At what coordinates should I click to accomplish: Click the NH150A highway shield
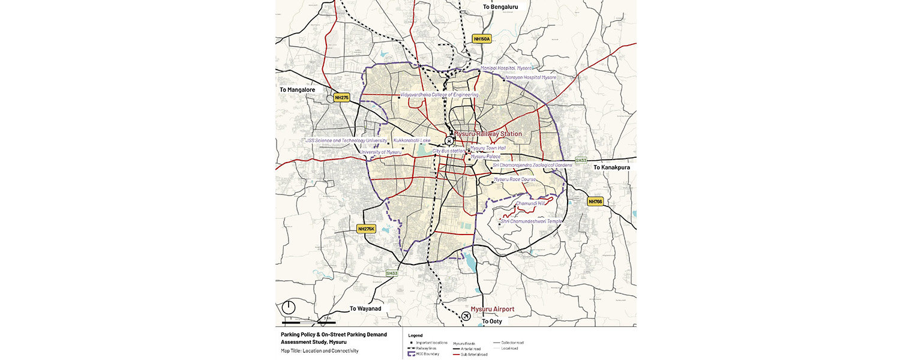[x=482, y=39]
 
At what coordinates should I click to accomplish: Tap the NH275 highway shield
[x=342, y=97]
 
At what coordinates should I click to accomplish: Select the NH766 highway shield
[x=595, y=202]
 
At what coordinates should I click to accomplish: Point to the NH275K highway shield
[x=366, y=229]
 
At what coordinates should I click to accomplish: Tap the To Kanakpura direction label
[x=612, y=167]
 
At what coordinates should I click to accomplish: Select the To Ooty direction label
[x=492, y=322]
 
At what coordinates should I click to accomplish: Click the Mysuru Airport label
[x=493, y=310]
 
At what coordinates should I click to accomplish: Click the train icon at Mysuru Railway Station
[x=449, y=140]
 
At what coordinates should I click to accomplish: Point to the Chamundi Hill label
[x=530, y=203]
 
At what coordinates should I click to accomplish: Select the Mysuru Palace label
[x=485, y=157]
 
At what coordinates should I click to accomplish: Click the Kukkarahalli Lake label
[x=412, y=141]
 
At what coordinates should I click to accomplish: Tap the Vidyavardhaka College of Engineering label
[x=439, y=95]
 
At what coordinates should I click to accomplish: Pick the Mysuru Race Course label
[x=515, y=179]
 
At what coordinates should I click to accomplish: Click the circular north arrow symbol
[x=289, y=307]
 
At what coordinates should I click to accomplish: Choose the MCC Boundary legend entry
[x=427, y=354]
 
